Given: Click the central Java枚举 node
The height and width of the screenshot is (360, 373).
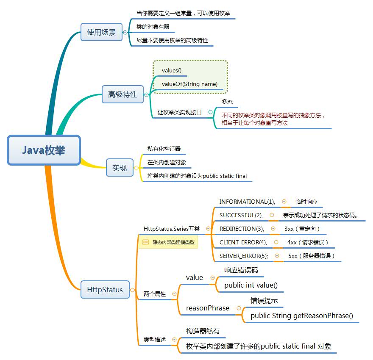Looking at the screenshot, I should click(x=44, y=150).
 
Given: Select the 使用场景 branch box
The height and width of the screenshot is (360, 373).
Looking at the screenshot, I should click(x=101, y=32).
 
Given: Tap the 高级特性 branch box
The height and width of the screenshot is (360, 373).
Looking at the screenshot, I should click(x=122, y=94).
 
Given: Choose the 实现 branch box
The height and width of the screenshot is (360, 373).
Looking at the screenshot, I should click(x=119, y=168).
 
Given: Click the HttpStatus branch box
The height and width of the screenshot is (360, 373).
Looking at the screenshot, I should click(x=105, y=290).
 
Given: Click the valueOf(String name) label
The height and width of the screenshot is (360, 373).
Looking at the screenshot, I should click(x=189, y=84).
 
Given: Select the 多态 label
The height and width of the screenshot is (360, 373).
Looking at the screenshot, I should click(x=227, y=102).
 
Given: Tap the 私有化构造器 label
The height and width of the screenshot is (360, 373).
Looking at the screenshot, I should click(x=164, y=149).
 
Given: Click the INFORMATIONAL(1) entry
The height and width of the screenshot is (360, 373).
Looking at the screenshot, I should click(x=247, y=202).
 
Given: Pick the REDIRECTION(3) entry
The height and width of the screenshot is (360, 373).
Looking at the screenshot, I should click(x=241, y=229).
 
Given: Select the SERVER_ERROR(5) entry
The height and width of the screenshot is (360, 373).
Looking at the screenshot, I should click(x=243, y=256).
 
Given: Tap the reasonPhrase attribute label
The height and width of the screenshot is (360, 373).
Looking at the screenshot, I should click(x=207, y=308).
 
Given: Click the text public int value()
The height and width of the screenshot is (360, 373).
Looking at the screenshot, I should click(x=251, y=285).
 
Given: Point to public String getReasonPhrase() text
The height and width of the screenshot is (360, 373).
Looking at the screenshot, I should click(x=301, y=316).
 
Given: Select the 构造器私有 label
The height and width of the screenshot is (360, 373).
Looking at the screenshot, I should click(x=203, y=331).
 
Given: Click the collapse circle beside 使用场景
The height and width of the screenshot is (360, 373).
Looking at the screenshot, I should click(x=125, y=32).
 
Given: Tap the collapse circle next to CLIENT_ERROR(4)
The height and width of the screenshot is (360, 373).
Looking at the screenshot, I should click(x=276, y=242).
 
